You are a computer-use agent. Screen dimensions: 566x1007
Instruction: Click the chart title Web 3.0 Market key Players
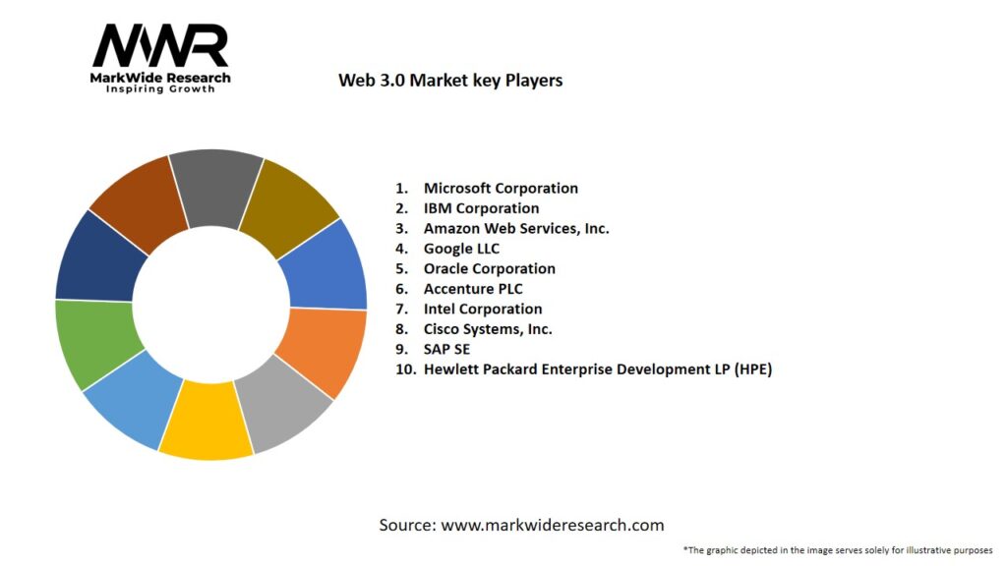[450, 81]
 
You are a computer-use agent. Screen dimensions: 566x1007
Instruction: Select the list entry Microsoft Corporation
[501, 188]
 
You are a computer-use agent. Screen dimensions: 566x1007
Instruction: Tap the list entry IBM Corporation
[481, 208]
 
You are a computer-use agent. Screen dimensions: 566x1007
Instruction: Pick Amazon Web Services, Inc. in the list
[516, 228]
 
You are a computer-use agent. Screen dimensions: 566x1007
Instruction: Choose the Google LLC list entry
[461, 249]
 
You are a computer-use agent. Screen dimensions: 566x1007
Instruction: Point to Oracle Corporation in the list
[489, 268]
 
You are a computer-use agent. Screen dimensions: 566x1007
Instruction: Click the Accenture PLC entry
[473, 289]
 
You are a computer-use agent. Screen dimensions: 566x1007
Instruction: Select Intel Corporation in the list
[482, 309]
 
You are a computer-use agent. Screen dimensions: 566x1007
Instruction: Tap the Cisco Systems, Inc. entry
[488, 329]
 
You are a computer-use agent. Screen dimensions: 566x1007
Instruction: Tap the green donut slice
[93, 344]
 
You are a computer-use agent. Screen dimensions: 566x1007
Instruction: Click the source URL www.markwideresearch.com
[552, 525]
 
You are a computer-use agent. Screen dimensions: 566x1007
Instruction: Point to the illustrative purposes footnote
[837, 549]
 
